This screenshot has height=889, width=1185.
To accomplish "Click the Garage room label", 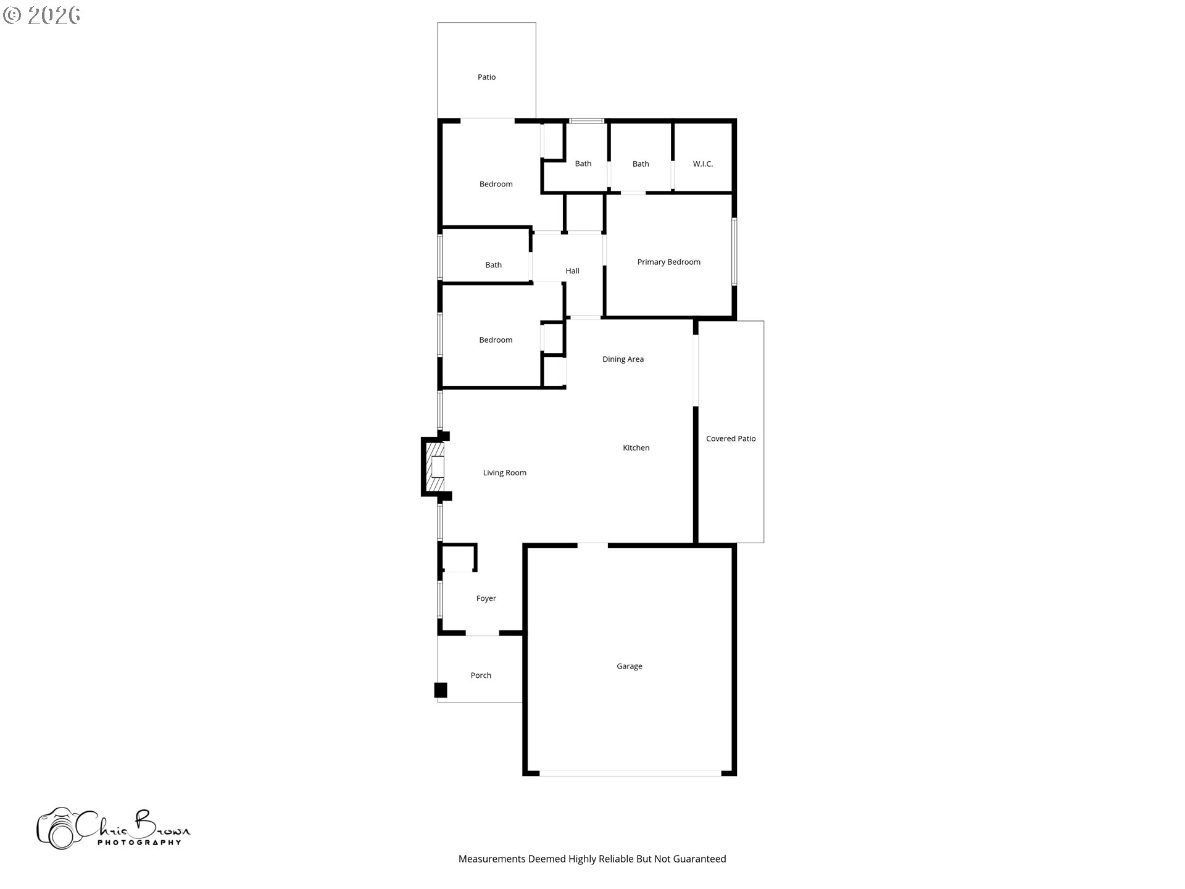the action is tap(629, 666).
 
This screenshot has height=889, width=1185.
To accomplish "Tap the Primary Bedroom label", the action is tap(668, 262).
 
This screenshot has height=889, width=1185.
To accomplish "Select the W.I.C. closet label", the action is tap(702, 164).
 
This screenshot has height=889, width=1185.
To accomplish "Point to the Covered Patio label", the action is tap(731, 438).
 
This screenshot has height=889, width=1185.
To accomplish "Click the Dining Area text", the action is tap(623, 359).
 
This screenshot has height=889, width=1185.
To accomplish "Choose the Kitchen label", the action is tap(636, 448).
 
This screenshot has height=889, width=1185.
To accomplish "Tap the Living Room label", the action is tap(504, 473).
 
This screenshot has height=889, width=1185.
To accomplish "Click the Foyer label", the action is tap(486, 598).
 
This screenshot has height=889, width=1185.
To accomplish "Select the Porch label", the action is tap(481, 675).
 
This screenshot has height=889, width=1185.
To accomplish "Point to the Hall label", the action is tap(572, 270).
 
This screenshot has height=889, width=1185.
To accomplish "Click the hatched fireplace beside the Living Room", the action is tap(434, 467).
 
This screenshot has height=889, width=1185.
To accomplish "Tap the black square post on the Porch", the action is tap(441, 690).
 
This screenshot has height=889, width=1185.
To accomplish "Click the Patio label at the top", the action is tap(486, 77).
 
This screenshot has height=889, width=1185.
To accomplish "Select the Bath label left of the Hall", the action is tap(493, 265).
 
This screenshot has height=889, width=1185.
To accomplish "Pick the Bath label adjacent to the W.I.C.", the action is tap(641, 164).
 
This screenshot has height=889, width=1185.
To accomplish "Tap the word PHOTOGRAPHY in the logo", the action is tap(139, 842).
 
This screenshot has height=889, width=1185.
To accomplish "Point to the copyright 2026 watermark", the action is tap(42, 15).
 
